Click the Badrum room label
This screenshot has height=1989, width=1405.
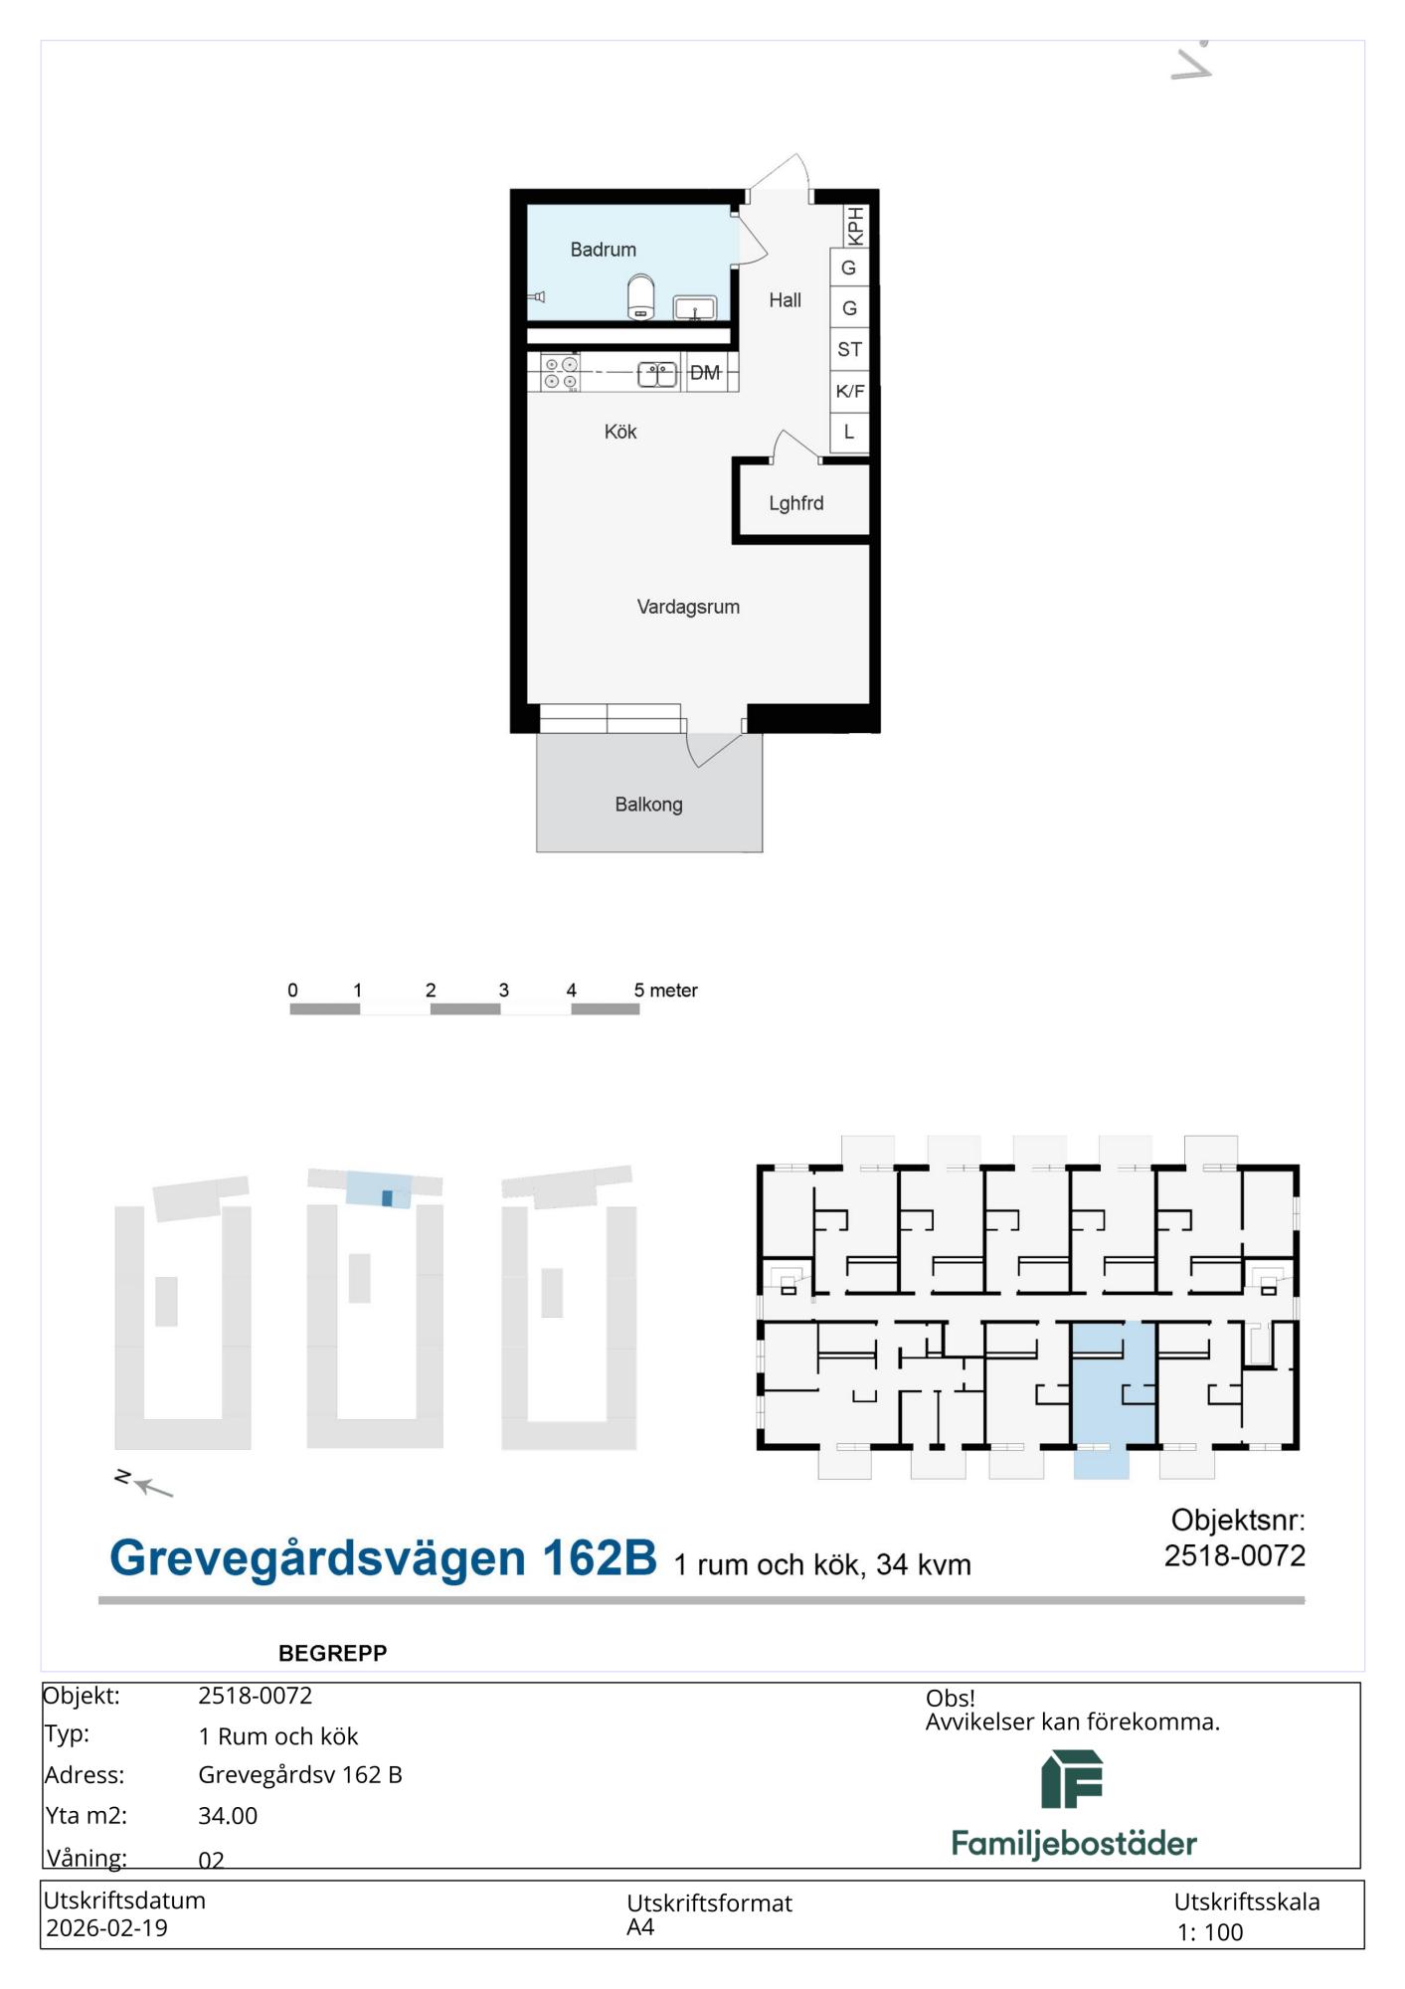[603, 250]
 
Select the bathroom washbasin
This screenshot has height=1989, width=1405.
[695, 308]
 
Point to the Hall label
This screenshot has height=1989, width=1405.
[785, 300]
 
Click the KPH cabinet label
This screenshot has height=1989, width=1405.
[854, 226]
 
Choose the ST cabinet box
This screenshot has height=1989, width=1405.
[849, 349]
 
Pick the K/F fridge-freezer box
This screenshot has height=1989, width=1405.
[849, 391]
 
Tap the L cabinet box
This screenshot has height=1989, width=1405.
[849, 433]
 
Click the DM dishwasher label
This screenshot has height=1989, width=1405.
[705, 373]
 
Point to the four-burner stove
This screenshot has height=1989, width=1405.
[560, 373]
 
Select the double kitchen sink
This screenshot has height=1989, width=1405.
[656, 374]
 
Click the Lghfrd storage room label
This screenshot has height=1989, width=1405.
[796, 503]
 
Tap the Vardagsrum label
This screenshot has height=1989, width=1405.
[688, 607]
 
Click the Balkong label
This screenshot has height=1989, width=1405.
[648, 805]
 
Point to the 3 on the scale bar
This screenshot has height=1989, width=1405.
[504, 991]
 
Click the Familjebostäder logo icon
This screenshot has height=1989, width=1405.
[1072, 1779]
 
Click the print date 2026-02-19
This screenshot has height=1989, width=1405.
[106, 1928]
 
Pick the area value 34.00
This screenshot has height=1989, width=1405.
[228, 1816]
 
